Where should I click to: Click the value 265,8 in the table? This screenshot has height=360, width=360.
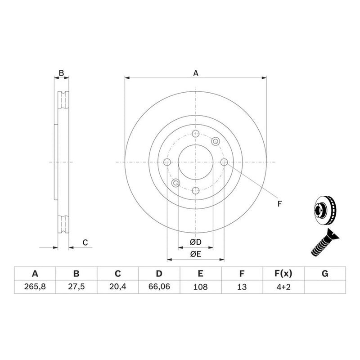point(35,287)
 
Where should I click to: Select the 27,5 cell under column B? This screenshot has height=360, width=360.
point(76,287)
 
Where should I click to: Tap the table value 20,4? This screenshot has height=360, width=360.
point(117,287)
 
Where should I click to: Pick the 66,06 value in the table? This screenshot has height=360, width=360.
point(159,287)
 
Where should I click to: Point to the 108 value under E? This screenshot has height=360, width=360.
point(200,287)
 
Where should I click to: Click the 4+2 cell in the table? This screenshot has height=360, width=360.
point(283,287)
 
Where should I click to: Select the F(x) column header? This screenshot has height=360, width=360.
point(283,274)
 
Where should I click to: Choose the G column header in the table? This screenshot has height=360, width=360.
point(325,274)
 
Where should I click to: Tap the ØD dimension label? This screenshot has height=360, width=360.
point(196,242)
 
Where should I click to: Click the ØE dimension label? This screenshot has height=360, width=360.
point(196,254)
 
